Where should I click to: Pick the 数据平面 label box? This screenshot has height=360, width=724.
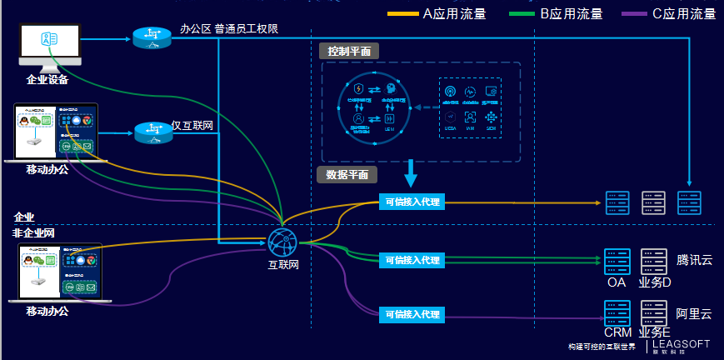click(347, 175)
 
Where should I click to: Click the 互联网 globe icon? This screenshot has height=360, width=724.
click(283, 242)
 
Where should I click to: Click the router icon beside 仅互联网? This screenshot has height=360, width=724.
click(152, 132)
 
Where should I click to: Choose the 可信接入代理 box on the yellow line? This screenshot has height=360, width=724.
click(412, 202)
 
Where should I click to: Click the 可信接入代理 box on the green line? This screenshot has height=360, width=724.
click(412, 260)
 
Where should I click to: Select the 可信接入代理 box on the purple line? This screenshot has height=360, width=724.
click(412, 314)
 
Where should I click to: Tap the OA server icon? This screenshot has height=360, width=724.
click(617, 262)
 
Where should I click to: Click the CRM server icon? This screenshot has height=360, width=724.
click(617, 314)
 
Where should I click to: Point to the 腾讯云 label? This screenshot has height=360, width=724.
click(694, 260)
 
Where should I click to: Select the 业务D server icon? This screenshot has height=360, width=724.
click(654, 262)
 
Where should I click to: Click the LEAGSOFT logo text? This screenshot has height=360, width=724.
click(682, 342)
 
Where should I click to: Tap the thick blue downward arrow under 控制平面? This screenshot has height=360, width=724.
click(410, 174)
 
